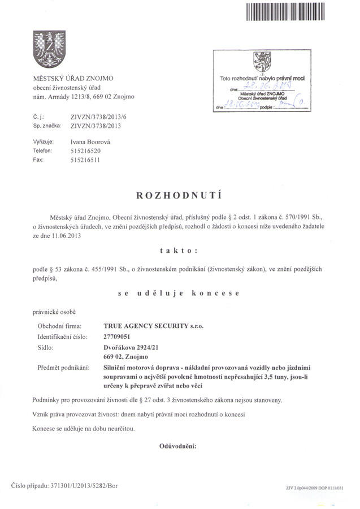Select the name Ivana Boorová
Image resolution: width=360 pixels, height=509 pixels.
click(x=90, y=142)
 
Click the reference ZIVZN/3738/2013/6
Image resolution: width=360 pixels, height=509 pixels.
click(x=96, y=117)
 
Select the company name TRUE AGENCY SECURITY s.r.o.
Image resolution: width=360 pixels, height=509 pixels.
click(x=153, y=326)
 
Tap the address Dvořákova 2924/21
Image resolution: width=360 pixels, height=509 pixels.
click(x=131, y=347)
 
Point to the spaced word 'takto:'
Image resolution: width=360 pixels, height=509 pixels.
click(x=179, y=251)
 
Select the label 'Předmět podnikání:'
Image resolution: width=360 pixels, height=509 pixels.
click(x=63, y=368)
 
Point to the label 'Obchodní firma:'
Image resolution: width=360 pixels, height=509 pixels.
click(x=59, y=326)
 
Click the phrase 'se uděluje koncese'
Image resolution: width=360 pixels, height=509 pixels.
click(x=179, y=294)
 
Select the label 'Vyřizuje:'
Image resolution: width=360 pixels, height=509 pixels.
click(x=44, y=142)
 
